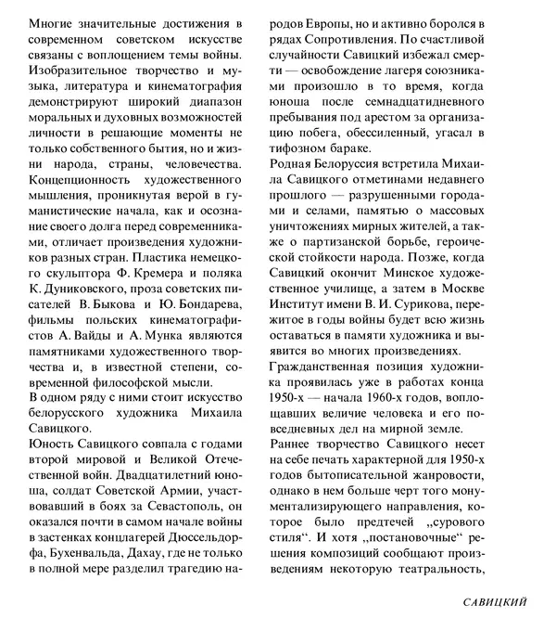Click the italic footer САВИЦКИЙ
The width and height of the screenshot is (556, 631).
[x=496, y=603]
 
